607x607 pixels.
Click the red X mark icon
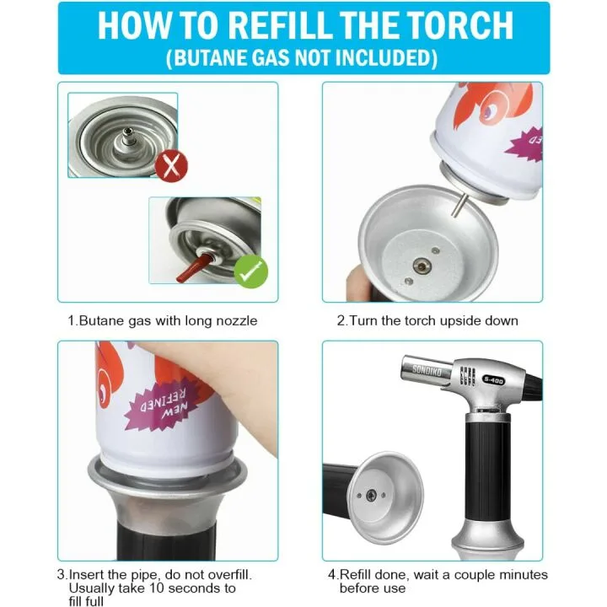(171, 164)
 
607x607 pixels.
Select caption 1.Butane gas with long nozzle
(163, 321)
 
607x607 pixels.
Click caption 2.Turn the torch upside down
(427, 321)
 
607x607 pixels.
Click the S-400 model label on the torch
(494, 379)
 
